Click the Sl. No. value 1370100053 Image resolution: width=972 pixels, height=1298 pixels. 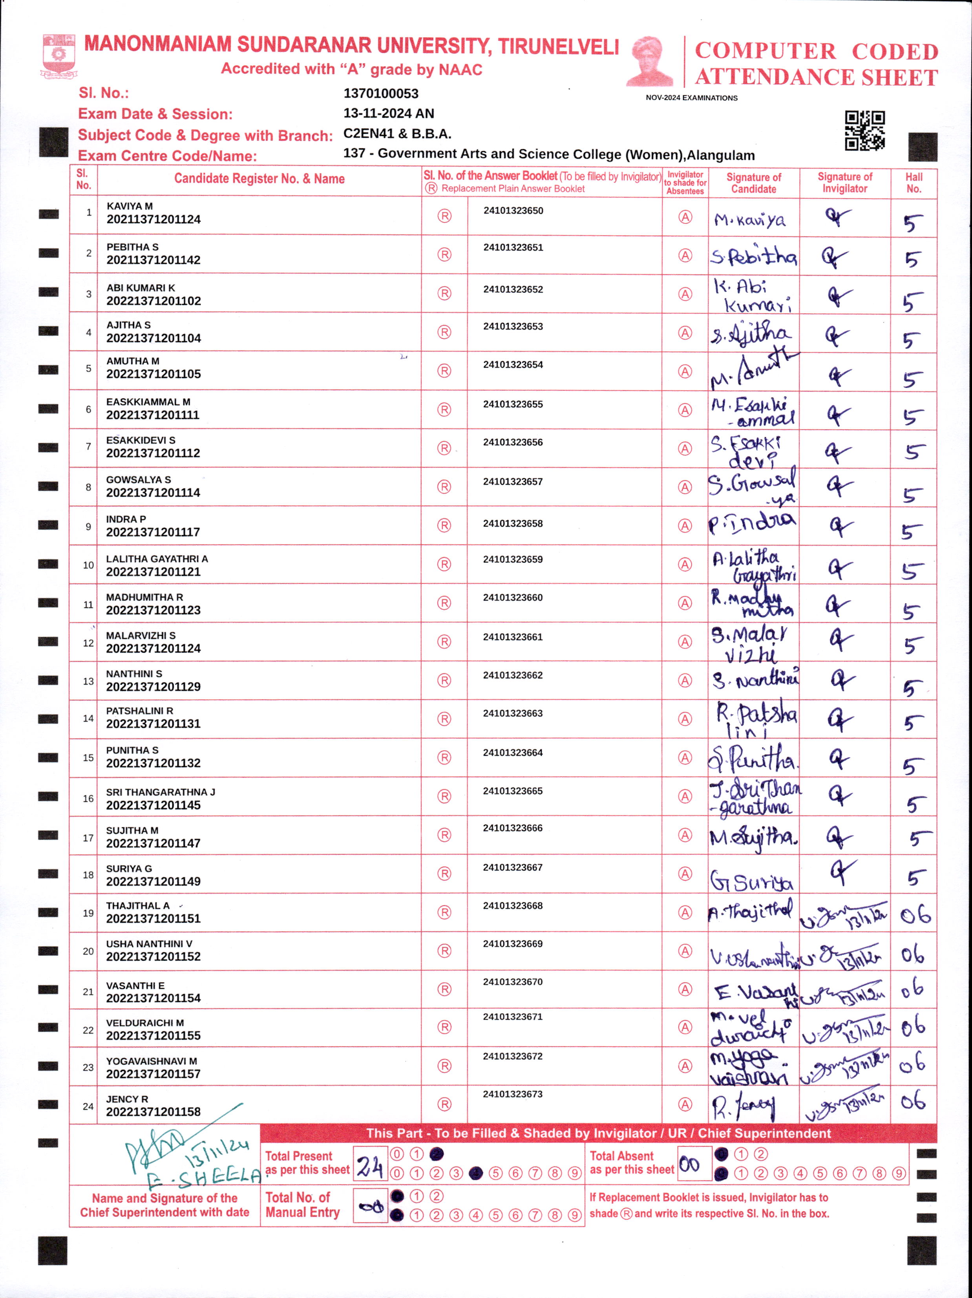[x=381, y=93]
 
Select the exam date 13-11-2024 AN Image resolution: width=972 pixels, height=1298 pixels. [x=388, y=113]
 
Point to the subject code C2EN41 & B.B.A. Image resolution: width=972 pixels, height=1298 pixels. [x=397, y=134]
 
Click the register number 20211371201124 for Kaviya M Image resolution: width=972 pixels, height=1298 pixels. [x=153, y=219]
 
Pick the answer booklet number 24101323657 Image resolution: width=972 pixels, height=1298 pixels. [x=513, y=482]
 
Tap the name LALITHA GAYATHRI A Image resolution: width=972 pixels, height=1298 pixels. [x=157, y=559]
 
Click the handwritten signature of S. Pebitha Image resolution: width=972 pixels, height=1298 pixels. [x=753, y=256]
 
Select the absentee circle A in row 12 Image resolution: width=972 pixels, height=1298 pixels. [x=685, y=642]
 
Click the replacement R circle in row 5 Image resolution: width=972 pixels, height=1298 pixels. [x=444, y=371]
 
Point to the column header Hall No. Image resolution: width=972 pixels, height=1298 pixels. [x=914, y=183]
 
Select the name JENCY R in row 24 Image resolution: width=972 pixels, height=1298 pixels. [x=127, y=1099]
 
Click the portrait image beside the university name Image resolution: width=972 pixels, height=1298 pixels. [x=650, y=61]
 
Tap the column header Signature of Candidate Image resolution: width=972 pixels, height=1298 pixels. [x=753, y=183]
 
